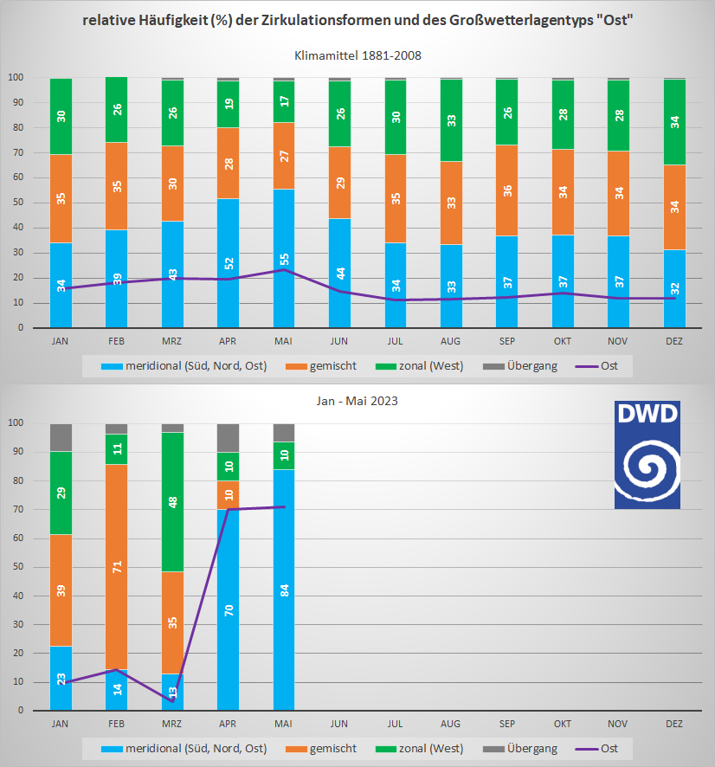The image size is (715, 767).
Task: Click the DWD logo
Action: (x=647, y=454)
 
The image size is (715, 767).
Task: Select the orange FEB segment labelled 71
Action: (x=116, y=567)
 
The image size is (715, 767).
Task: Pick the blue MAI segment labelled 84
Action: (x=283, y=590)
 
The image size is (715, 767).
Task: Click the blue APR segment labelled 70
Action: (x=228, y=609)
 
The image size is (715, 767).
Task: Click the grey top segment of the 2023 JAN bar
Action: (x=61, y=437)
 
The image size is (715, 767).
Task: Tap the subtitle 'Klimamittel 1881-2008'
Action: (x=357, y=55)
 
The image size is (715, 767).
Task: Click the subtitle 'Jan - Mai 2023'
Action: (x=357, y=402)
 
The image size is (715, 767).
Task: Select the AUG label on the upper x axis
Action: (x=450, y=342)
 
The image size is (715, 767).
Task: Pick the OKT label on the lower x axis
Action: (x=563, y=723)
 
